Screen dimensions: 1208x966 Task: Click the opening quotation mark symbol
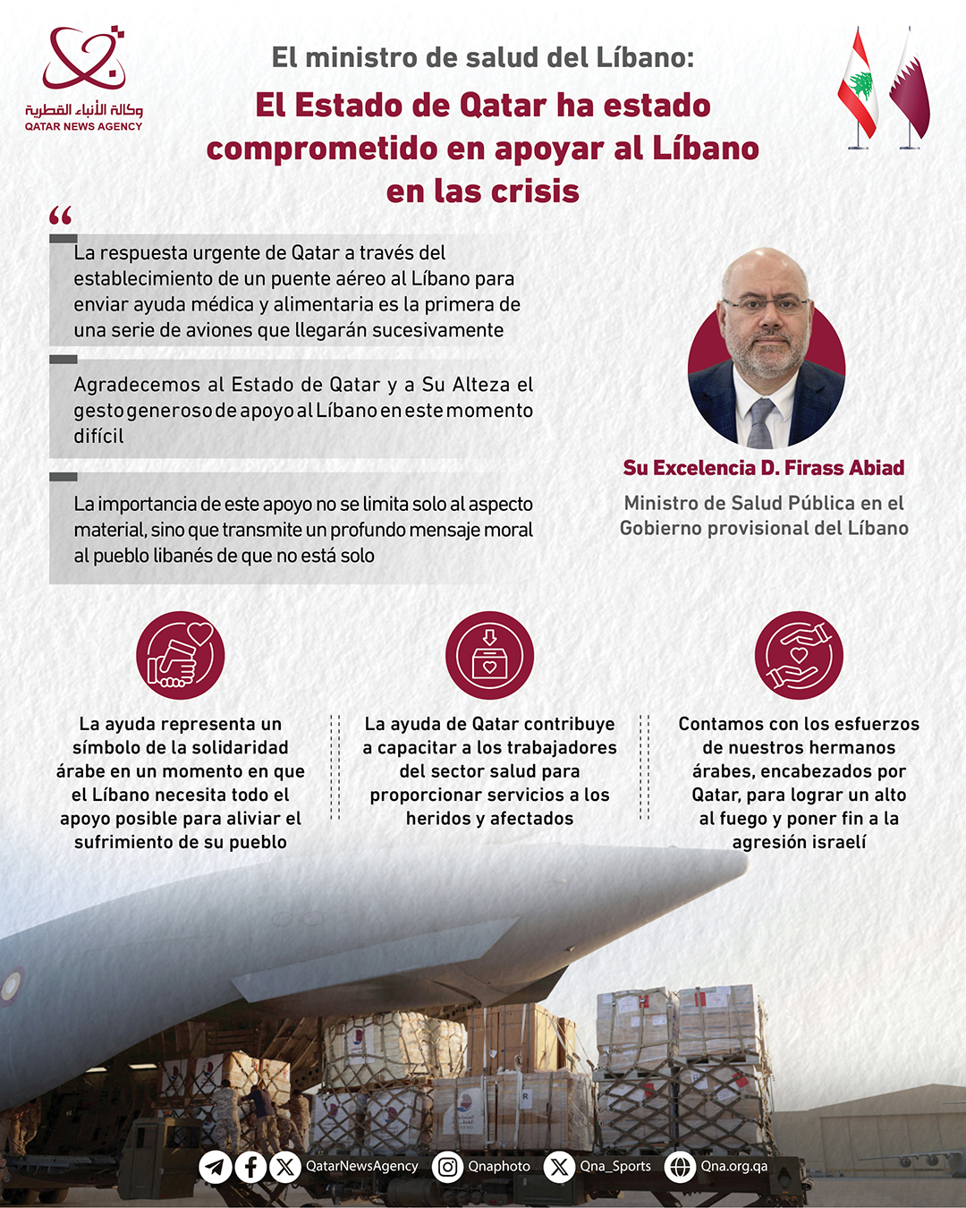click(61, 216)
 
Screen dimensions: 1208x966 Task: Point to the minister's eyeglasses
click(765, 305)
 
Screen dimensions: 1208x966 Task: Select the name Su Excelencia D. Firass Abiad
click(764, 468)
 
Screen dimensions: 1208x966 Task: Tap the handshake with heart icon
click(181, 655)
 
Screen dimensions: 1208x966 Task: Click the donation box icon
click(489, 655)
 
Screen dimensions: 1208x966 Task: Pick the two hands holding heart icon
click(799, 655)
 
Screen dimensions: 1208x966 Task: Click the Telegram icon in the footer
click(216, 1167)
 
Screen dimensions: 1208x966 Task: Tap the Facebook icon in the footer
click(250, 1167)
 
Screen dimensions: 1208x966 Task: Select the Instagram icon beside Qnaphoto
click(448, 1167)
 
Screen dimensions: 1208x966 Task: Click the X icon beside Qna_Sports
click(559, 1167)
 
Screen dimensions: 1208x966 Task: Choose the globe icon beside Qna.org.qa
click(680, 1167)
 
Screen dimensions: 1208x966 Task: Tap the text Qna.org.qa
click(734, 1166)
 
